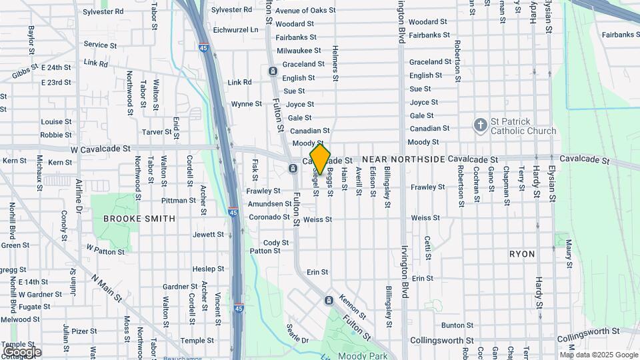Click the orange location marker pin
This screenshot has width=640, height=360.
coord(320,159)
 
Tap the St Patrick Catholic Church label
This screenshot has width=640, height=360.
coord(523,126)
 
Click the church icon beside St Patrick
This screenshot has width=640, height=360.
coord(480,125)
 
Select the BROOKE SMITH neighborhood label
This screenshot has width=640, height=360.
coord(139,219)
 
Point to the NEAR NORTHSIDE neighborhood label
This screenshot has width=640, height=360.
coord(403,160)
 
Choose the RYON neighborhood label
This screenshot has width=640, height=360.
coord(522,255)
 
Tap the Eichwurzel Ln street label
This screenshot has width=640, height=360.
coord(235,31)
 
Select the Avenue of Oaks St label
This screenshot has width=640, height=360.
coord(305,11)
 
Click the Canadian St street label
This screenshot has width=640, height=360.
coord(309,131)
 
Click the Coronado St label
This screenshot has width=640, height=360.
coord(269,217)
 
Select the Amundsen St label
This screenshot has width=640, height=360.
coord(269,204)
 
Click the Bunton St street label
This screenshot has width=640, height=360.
coord(457,325)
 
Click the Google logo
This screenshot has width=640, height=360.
coord(22,351)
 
